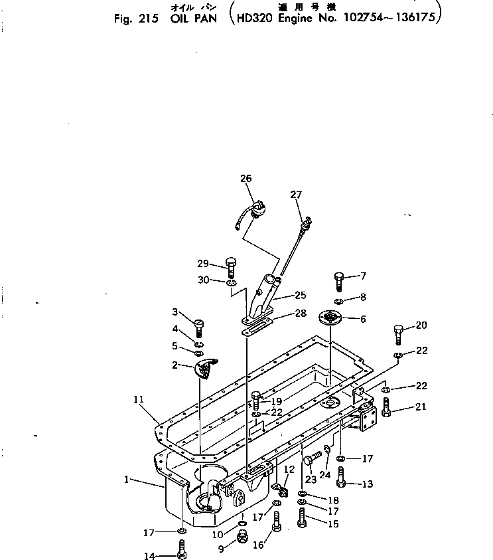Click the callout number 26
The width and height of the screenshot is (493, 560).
click(246, 178)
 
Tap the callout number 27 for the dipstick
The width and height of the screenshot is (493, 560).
click(296, 195)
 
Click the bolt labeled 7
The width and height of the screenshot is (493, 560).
click(339, 281)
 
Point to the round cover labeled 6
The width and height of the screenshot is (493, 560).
click(331, 318)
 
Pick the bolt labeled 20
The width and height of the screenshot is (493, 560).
click(398, 332)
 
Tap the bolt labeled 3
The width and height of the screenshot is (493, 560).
click(198, 326)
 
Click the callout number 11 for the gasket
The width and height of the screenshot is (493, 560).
click(138, 399)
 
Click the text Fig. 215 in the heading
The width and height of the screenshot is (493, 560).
click(135, 19)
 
